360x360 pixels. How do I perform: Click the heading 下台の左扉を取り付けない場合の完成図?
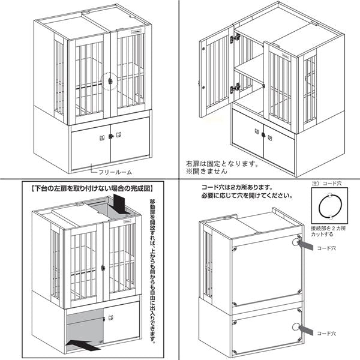coord(91,188)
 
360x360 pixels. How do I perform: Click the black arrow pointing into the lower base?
coord(83,343)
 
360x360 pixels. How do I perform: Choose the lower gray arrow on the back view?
coord(308,331)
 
